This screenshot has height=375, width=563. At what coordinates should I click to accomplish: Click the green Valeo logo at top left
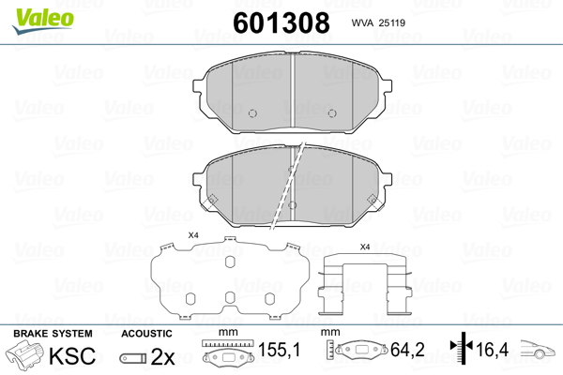[x=43, y=22]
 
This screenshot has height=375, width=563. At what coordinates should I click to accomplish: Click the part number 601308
[x=281, y=22]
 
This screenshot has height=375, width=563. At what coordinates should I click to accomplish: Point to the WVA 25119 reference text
[x=378, y=22]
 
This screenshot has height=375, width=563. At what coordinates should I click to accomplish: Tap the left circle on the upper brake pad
[x=252, y=113]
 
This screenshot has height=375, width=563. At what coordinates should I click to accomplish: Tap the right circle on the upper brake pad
[x=332, y=113]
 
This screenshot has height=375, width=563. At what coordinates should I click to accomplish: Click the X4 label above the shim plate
[x=193, y=235]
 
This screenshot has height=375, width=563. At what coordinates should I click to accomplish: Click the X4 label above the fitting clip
[x=365, y=247]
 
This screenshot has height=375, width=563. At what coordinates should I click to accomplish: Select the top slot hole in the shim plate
[x=230, y=262]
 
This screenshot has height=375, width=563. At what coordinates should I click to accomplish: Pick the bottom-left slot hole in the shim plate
[x=190, y=298]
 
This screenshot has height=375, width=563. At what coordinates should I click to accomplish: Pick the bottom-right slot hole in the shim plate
[x=269, y=298]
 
